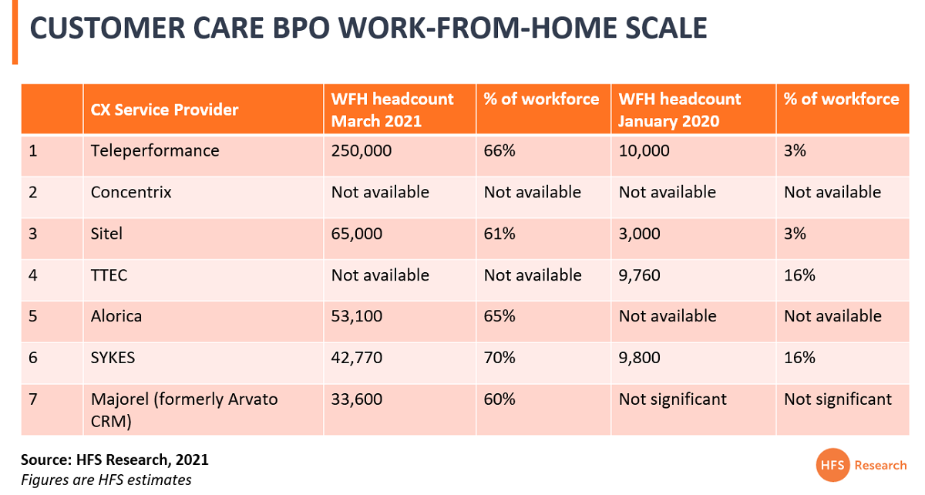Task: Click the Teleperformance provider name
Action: click(x=155, y=151)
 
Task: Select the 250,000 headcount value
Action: click(x=362, y=151)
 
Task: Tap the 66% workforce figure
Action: click(x=499, y=151)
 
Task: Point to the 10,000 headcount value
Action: click(x=644, y=151)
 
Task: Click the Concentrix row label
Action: click(x=131, y=192)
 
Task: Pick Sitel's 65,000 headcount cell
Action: click(x=357, y=234)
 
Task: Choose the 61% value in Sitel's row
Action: click(x=499, y=234)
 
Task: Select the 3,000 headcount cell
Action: click(x=639, y=234)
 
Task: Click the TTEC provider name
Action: click(x=109, y=275)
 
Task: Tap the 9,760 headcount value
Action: click(x=639, y=275)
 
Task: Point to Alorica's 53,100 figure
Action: click(x=357, y=316)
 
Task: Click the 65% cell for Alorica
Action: click(x=499, y=316)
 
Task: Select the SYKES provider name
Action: click(x=113, y=358)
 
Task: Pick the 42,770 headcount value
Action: click(x=357, y=358)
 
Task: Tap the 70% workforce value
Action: click(x=499, y=358)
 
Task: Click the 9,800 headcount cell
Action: click(x=639, y=358)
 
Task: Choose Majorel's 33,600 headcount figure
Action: click(x=357, y=399)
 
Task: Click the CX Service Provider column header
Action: click(x=164, y=110)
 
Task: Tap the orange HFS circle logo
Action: click(x=832, y=465)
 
